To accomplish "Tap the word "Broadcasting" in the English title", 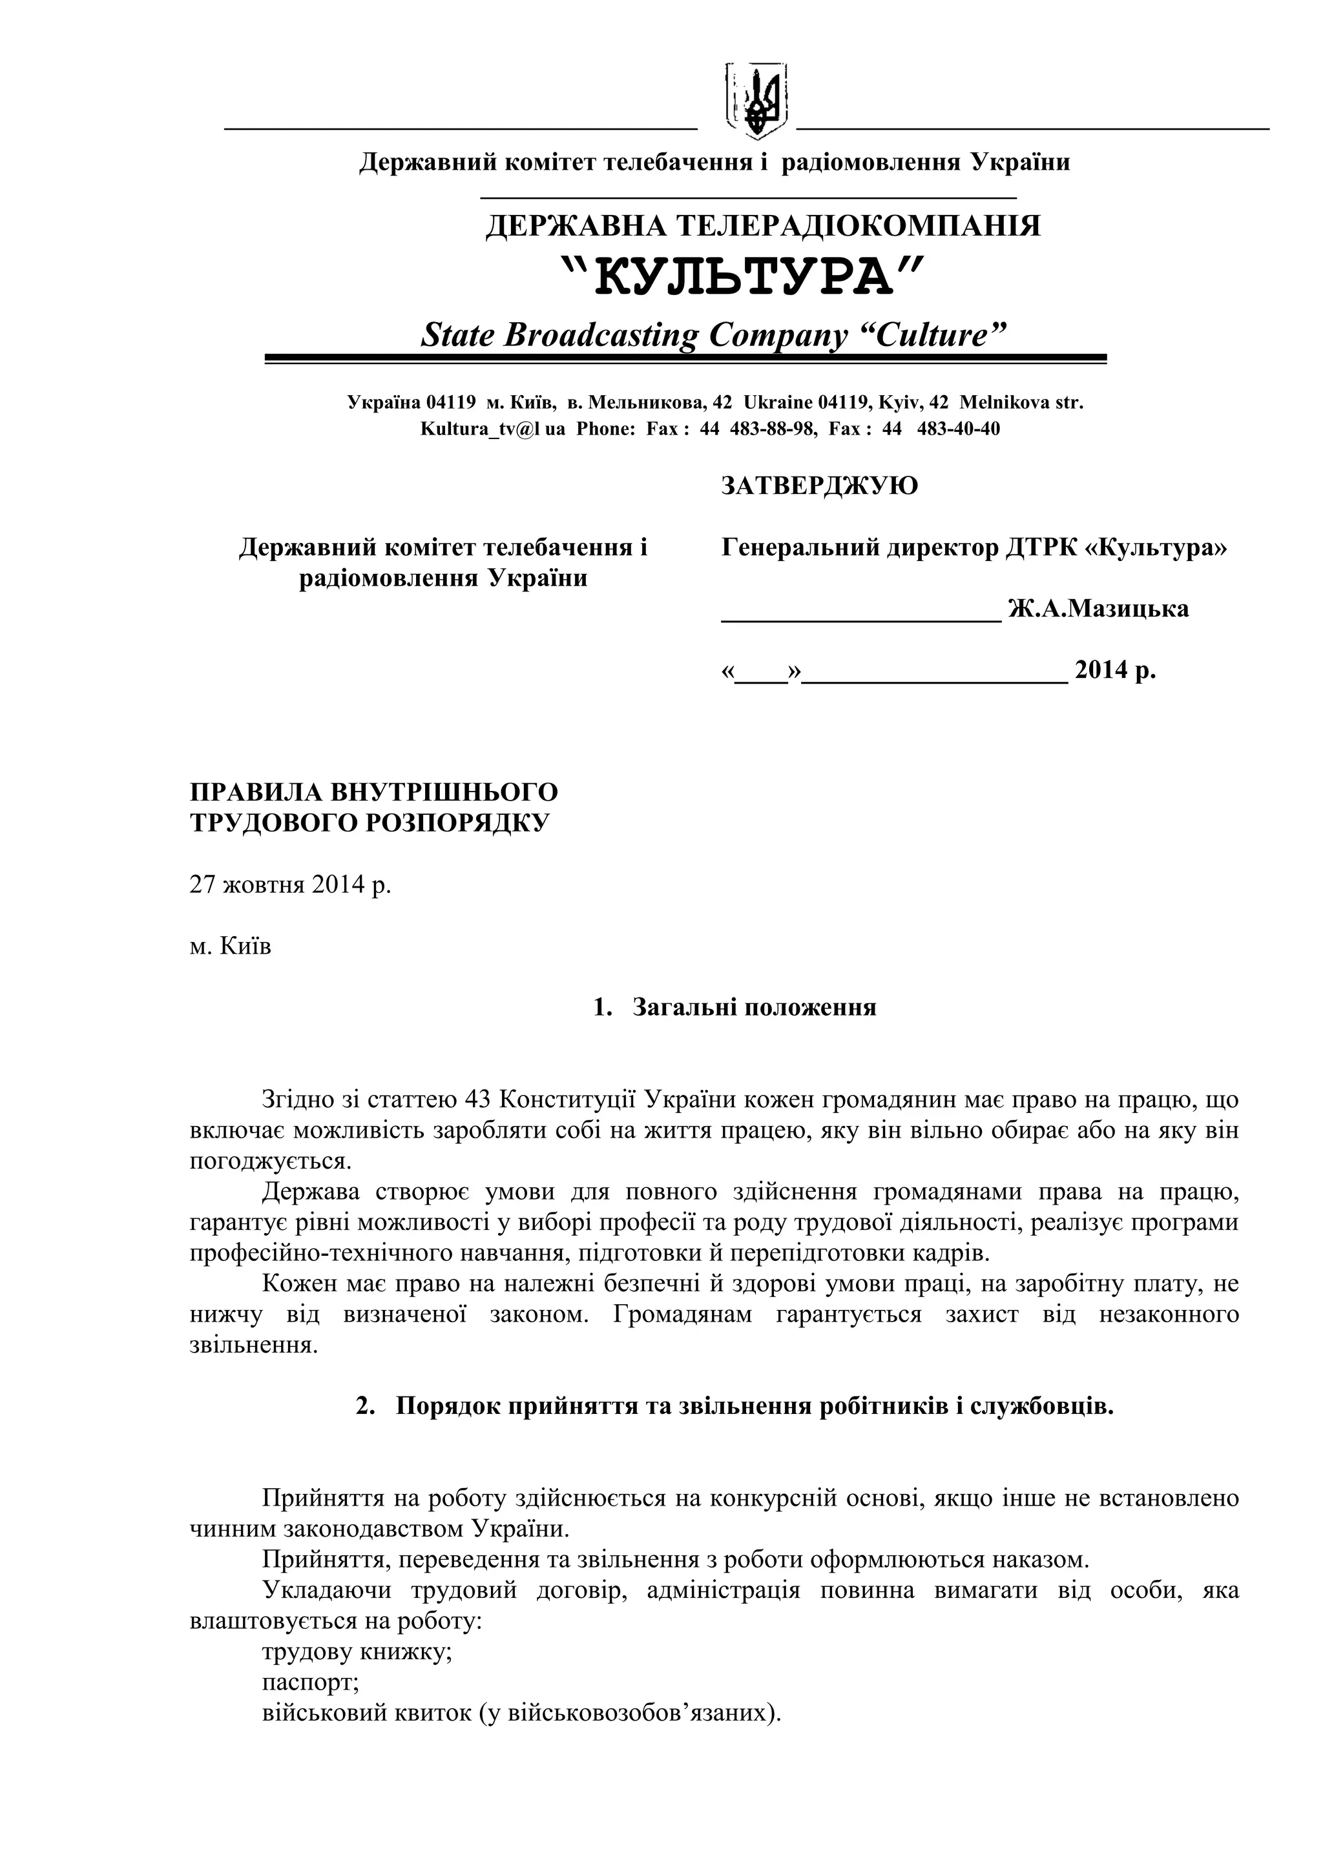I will tap(601, 334).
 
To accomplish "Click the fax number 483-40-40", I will tap(958, 429).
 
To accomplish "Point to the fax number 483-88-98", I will tap(772, 429).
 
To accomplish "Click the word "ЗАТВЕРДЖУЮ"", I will tap(819, 486).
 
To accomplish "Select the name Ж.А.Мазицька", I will tap(1098, 608).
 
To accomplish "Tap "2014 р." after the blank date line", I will tap(1114, 670).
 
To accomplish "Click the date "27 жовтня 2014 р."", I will tap(290, 885).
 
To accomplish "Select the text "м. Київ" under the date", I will tap(231, 947).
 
